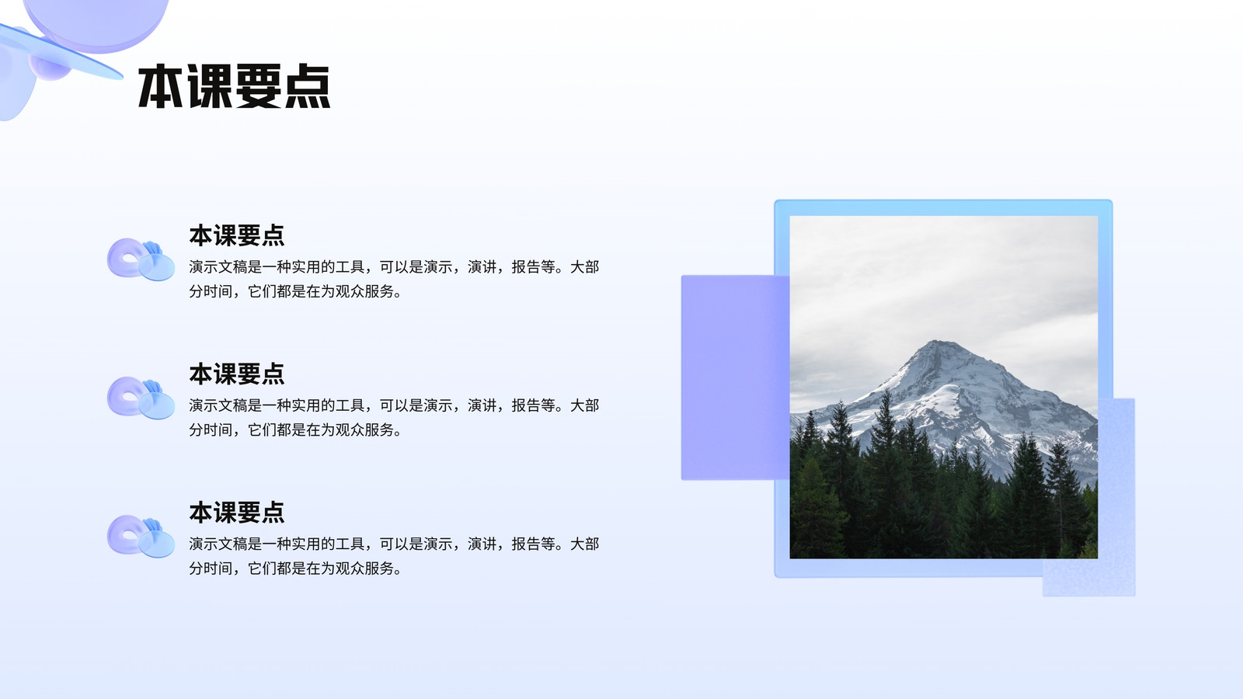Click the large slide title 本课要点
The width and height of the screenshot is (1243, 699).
234,86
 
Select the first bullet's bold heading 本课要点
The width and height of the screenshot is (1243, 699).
237,236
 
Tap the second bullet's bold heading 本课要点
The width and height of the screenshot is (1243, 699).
237,374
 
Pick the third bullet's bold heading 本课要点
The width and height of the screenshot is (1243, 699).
237,513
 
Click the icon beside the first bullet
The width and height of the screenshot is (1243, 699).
141,259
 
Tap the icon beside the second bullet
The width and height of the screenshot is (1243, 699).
141,398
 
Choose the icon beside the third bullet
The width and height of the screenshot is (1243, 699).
141,537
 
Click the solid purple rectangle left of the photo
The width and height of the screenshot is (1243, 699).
735,377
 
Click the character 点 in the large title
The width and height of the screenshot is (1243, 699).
308,86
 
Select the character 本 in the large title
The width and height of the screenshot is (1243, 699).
161,86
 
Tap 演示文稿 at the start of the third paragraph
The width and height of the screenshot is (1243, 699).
218,544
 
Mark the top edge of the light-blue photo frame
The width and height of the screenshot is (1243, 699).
943,207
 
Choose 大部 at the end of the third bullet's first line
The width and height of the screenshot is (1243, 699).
585,544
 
